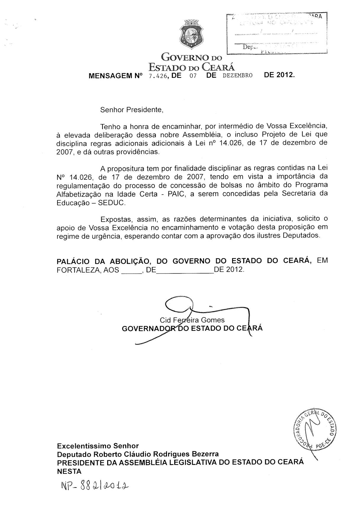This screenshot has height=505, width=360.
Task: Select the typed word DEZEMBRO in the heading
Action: coord(237,75)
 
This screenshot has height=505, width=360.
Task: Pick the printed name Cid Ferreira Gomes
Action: coord(192,320)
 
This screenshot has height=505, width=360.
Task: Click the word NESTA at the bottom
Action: coord(69,471)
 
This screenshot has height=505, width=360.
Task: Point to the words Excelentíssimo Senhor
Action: coord(98,446)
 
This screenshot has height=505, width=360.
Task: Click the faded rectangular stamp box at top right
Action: coord(277,33)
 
